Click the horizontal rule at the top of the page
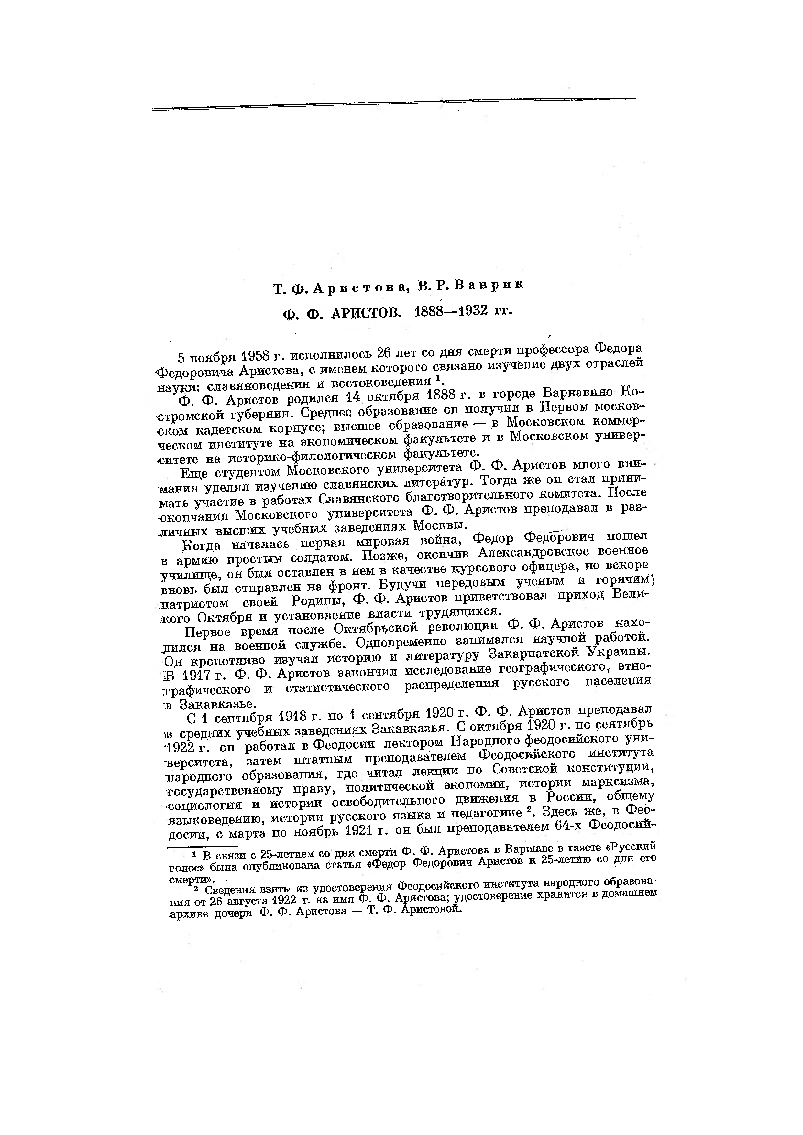[x=393, y=104]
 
